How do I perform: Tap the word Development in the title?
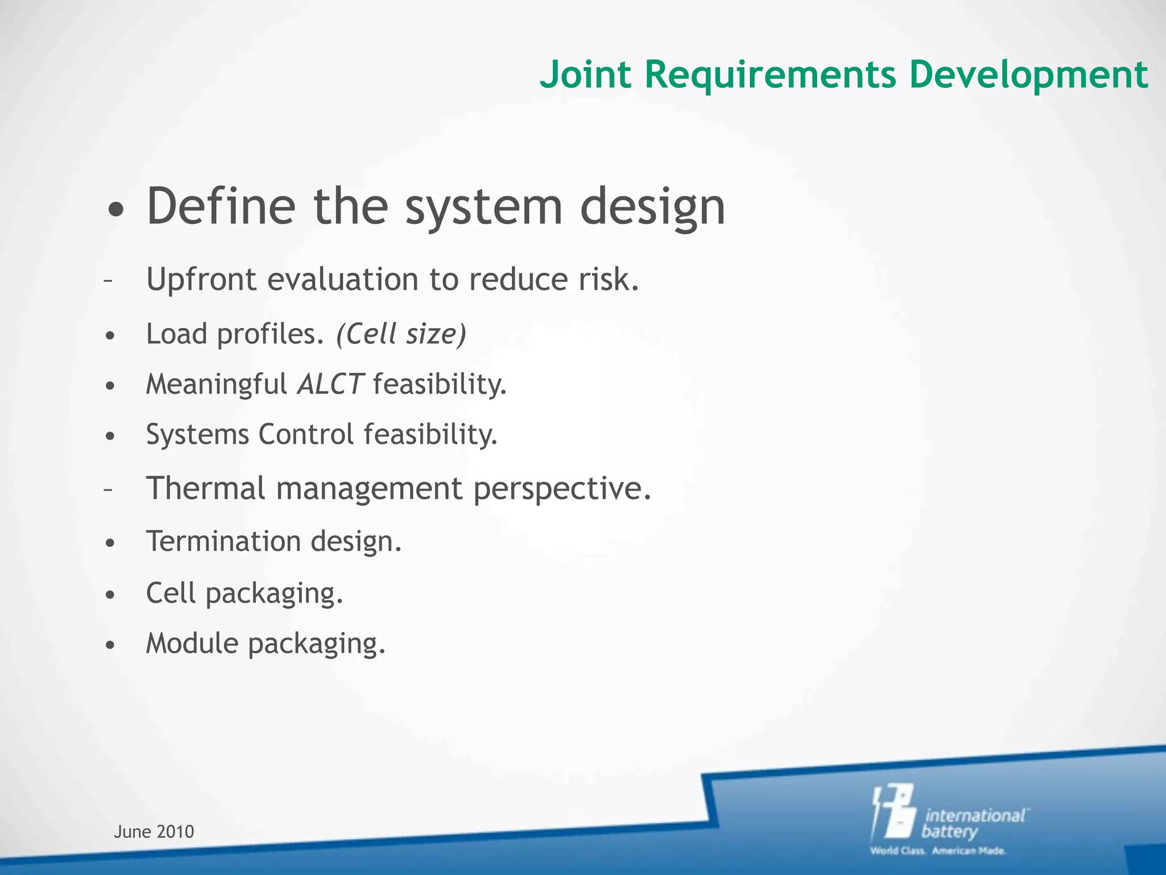1028,75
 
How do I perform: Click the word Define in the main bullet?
221,206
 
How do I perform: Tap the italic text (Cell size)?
401,334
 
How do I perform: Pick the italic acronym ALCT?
330,384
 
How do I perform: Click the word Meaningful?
216,384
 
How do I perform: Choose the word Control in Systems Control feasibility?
306,434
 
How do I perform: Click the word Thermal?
206,488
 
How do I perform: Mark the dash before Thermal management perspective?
109,489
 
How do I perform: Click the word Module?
192,644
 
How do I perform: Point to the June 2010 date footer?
154,832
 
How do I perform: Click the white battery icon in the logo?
894,812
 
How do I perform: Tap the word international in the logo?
975,815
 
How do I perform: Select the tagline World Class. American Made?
938,851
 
